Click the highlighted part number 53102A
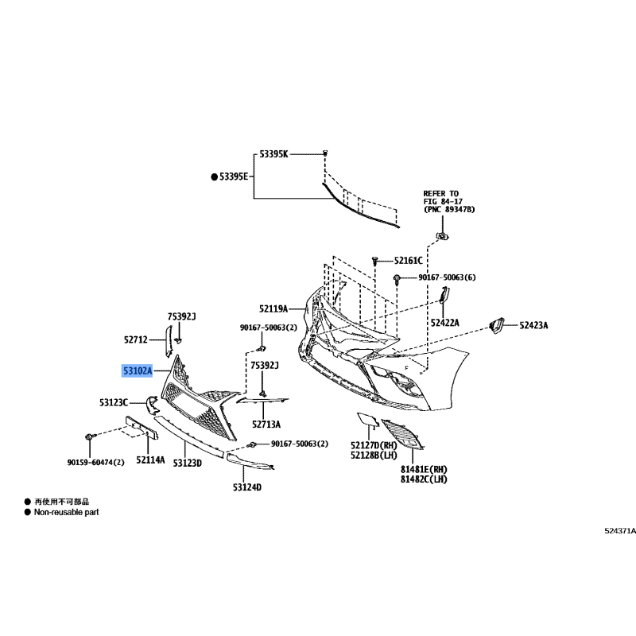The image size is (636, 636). click(138, 370)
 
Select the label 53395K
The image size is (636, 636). click(273, 154)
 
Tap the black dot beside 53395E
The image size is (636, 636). click(214, 176)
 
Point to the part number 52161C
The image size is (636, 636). click(409, 261)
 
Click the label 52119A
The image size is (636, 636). click(273, 309)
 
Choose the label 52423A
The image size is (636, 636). click(533, 325)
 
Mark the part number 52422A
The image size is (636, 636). click(445, 323)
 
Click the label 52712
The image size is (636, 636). click(136, 339)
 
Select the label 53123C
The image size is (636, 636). click(114, 402)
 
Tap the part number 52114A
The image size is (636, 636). click(150, 460)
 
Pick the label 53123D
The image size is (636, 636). click(188, 463)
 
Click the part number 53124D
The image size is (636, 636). click(247, 487)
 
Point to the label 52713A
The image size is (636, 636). click(266, 425)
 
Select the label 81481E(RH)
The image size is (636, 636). click(424, 469)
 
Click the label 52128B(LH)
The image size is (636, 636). click(374, 455)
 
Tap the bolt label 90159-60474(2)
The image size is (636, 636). click(95, 463)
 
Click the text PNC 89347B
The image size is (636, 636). click(450, 209)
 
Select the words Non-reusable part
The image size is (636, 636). click(67, 512)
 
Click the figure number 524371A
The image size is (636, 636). click(620, 531)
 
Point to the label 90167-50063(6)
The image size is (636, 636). click(447, 277)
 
